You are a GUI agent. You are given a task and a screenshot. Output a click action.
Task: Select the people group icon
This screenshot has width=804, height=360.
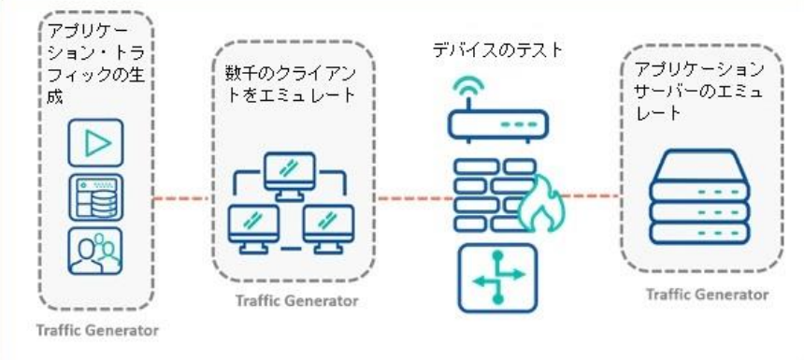[95, 250]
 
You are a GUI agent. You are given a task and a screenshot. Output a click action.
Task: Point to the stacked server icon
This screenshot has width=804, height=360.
[701, 198]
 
